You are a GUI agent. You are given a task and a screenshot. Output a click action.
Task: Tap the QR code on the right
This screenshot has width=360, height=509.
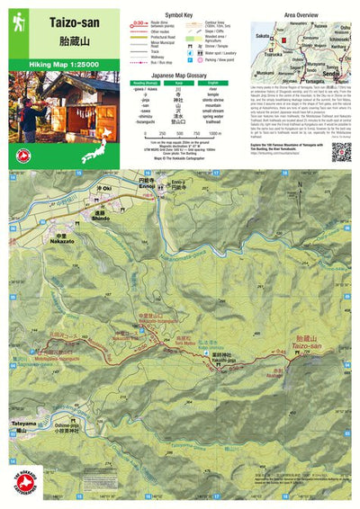[x=340, y=151]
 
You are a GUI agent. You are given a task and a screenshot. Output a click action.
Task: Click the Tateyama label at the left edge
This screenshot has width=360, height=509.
[x=25, y=422]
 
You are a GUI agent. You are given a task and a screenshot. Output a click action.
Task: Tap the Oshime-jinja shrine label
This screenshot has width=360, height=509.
[x=81, y=427]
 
